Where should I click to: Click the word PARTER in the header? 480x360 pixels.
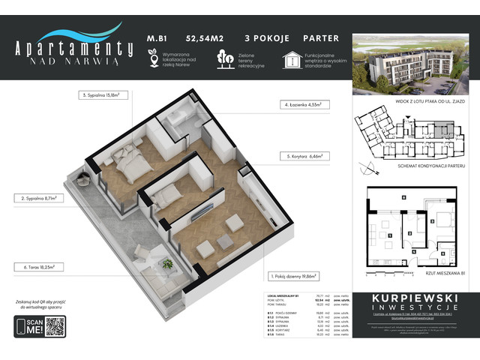coord(320,37)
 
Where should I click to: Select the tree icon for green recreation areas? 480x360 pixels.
coord(223,59)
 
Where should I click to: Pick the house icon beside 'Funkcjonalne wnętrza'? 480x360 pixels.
coord(291,59)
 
